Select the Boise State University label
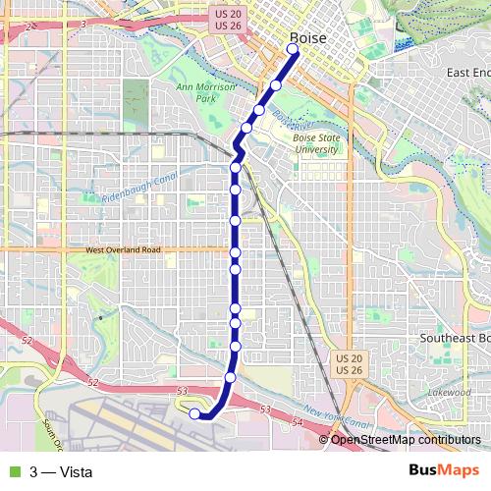(x=318, y=143)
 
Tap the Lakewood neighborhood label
(x=450, y=393)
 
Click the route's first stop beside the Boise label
(x=293, y=48)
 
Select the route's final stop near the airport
(x=194, y=414)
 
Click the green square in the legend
(x=13, y=470)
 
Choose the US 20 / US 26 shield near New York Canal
(x=349, y=364)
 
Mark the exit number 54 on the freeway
(x=299, y=420)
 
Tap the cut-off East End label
(x=466, y=73)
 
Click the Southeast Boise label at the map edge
(x=455, y=337)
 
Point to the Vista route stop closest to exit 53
(x=230, y=377)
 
